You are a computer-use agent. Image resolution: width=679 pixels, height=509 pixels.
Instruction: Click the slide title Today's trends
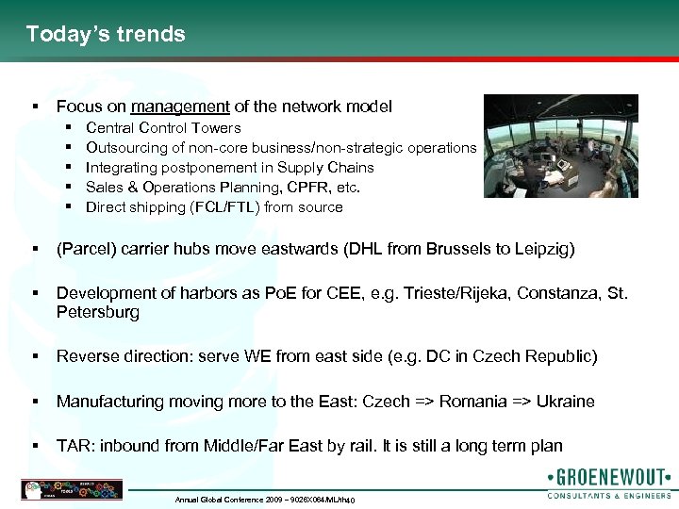click(106, 35)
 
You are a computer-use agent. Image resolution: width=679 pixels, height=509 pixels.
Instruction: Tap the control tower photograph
click(560, 145)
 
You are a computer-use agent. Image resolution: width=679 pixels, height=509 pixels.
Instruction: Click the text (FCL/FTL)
click(225, 207)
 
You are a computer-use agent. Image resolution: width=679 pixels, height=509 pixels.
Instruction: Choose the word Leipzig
click(542, 250)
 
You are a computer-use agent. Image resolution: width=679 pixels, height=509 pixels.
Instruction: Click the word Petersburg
click(98, 312)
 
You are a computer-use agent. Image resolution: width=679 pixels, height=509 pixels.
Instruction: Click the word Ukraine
click(565, 402)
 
